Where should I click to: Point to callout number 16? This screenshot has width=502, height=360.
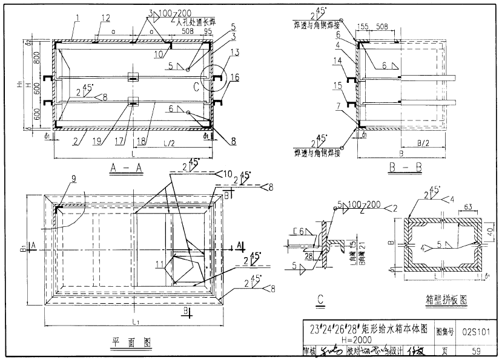235,77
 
